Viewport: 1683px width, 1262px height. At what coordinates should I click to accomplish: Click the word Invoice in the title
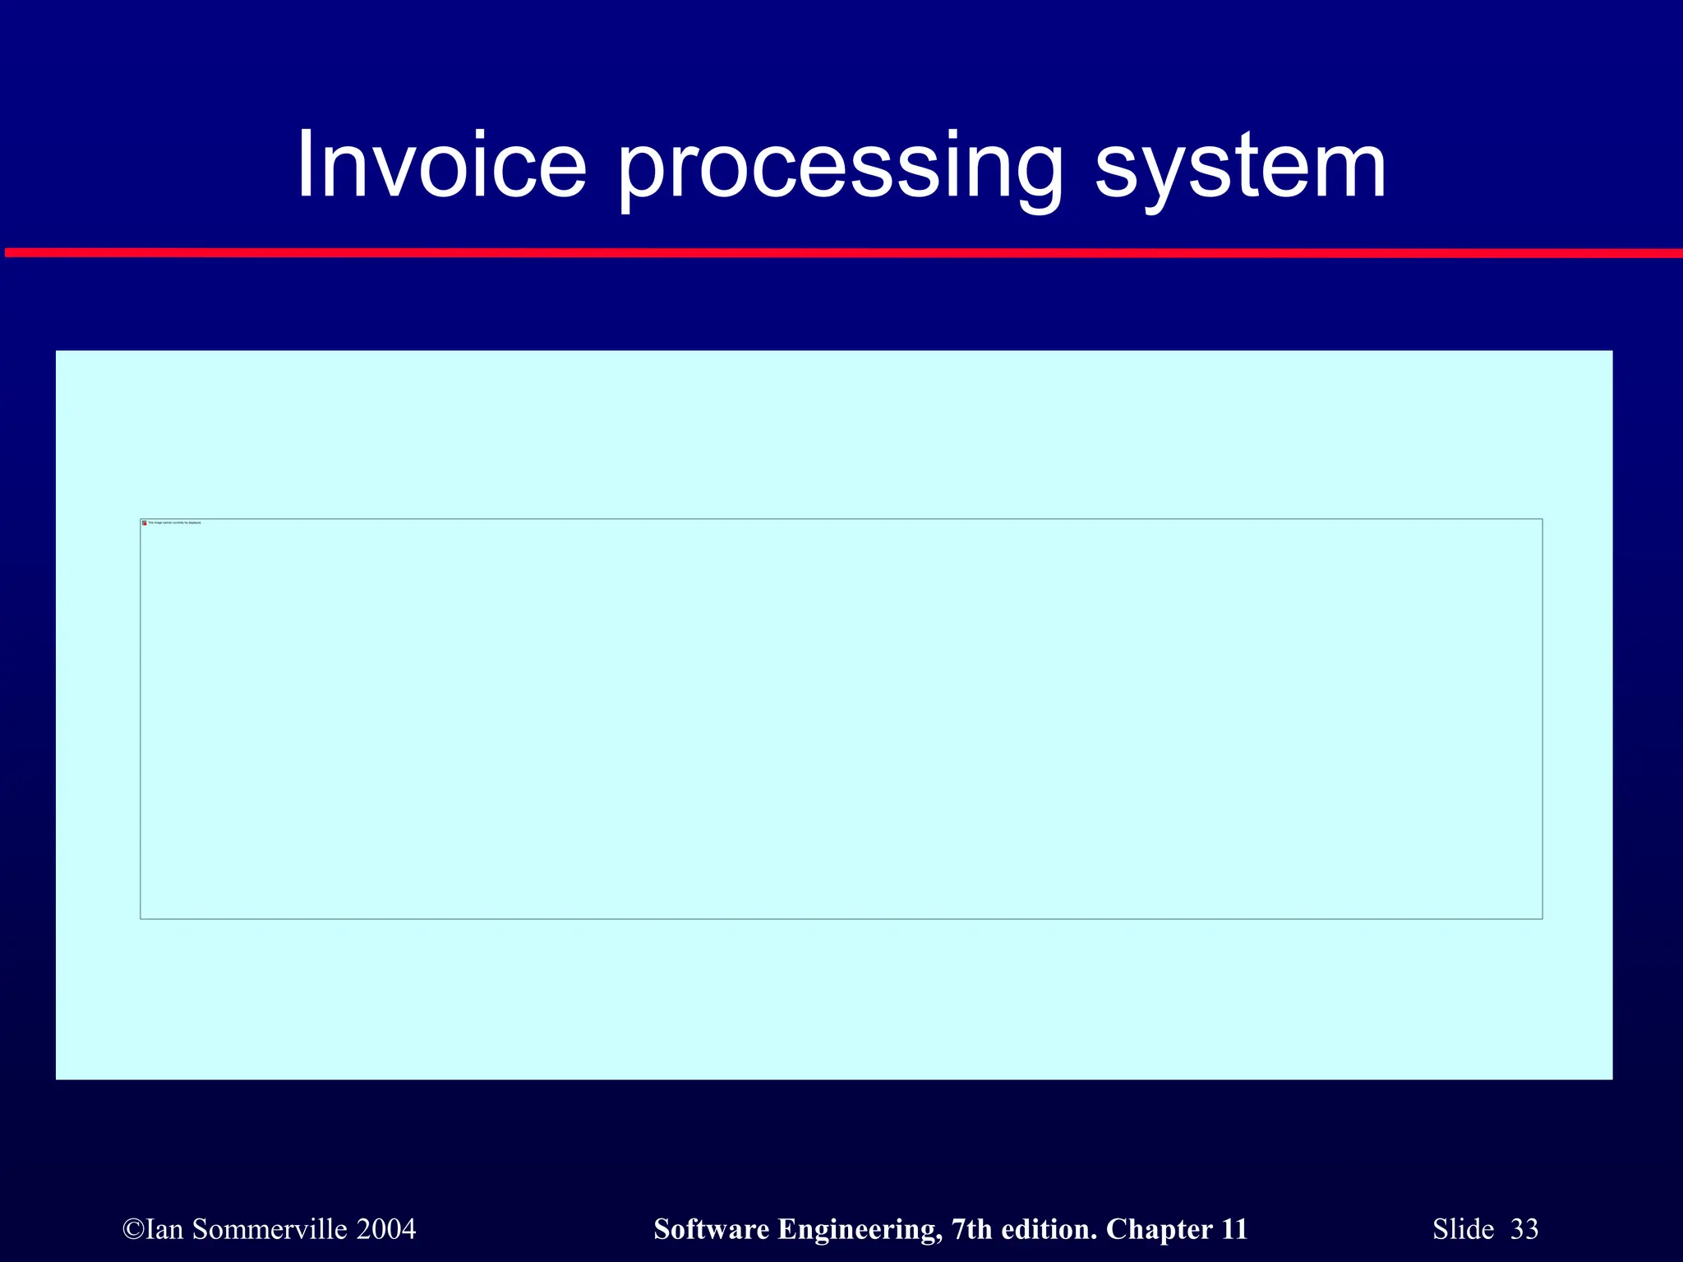pos(441,166)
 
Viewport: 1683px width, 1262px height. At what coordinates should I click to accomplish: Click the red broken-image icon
pos(145,523)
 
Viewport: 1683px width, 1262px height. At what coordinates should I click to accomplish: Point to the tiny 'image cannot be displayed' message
pos(174,523)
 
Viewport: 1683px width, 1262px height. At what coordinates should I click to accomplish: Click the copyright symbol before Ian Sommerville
pos(132,1229)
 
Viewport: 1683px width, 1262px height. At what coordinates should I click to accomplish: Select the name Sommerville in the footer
pos(270,1229)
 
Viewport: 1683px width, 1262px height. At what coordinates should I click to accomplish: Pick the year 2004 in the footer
pos(387,1229)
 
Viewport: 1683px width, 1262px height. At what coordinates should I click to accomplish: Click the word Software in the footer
pos(712,1229)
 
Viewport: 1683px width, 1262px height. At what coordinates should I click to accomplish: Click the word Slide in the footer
pos(1464,1229)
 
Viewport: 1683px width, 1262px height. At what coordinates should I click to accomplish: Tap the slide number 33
pos(1524,1229)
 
